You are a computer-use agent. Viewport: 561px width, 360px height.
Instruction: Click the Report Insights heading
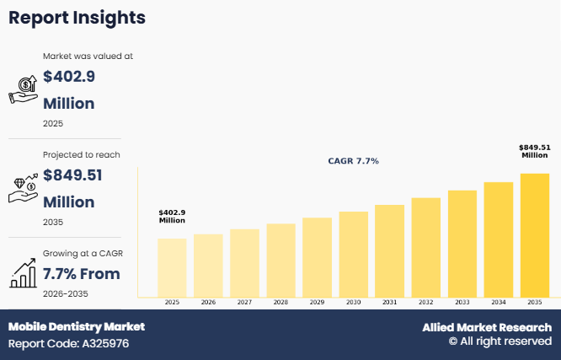pos(77,17)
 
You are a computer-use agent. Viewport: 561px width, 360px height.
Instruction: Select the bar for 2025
pos(172,267)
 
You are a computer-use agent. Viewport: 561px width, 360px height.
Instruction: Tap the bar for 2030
pos(353,254)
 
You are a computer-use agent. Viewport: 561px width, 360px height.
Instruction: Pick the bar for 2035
pos(535,235)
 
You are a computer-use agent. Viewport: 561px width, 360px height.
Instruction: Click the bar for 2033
pos(462,244)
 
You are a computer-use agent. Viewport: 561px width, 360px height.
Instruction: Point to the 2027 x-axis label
pos(244,302)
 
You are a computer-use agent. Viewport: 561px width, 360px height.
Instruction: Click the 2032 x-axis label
pos(426,302)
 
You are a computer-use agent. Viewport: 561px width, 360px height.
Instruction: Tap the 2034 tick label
pos(499,302)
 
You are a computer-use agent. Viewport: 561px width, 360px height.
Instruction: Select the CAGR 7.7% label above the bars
pos(353,160)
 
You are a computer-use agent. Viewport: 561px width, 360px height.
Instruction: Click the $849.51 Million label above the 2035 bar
pos(535,151)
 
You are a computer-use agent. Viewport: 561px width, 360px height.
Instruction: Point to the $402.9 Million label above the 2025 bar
pos(172,216)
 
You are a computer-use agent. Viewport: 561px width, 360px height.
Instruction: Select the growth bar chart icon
pos(23,272)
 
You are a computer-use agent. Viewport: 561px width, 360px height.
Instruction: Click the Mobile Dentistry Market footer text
pos(77,326)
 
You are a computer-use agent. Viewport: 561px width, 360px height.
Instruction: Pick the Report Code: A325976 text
pos(68,344)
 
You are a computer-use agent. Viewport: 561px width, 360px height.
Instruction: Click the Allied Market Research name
pos(487,327)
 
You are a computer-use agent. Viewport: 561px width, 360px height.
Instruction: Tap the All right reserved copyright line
pos(500,341)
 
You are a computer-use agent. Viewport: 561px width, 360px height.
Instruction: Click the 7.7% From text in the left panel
pos(82,274)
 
